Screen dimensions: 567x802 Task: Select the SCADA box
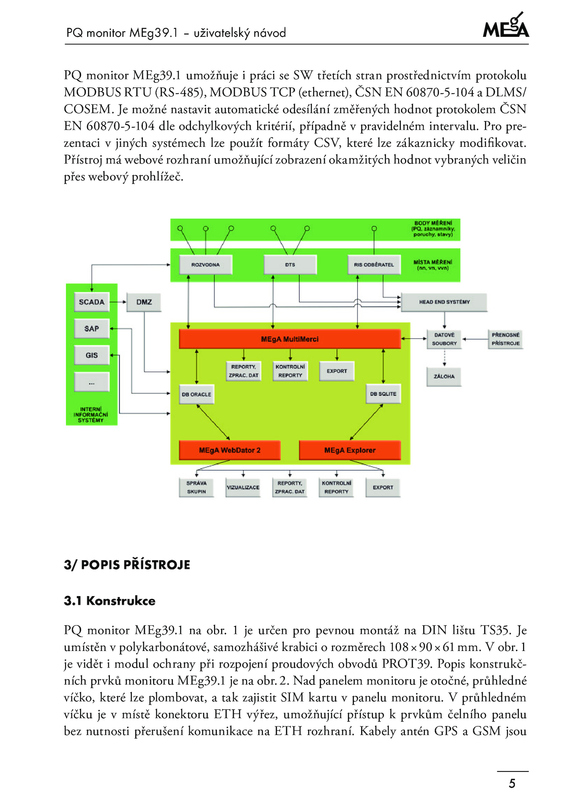click(x=92, y=302)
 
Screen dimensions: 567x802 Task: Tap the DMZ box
click(x=144, y=302)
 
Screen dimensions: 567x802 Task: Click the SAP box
click(x=92, y=329)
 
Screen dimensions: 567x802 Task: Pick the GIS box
click(x=92, y=355)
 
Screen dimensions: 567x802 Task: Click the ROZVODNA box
click(x=206, y=264)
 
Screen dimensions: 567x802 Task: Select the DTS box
click(x=290, y=264)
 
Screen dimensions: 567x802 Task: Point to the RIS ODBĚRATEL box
click(x=374, y=264)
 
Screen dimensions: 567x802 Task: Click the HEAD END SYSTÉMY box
click(x=444, y=302)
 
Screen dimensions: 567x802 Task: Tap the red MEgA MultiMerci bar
click(x=290, y=339)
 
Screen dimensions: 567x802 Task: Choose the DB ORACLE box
click(x=197, y=394)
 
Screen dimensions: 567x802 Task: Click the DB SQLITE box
click(x=383, y=394)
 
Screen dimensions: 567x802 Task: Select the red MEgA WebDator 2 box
click(x=230, y=450)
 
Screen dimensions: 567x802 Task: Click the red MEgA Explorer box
click(x=350, y=450)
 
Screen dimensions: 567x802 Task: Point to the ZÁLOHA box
click(x=444, y=377)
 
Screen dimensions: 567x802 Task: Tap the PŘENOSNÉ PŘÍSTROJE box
click(x=506, y=339)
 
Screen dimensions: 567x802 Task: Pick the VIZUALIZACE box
click(x=243, y=488)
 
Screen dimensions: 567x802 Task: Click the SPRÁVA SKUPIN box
click(x=197, y=488)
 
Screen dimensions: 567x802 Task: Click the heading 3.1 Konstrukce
click(x=110, y=601)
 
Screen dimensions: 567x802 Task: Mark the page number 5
click(x=512, y=783)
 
